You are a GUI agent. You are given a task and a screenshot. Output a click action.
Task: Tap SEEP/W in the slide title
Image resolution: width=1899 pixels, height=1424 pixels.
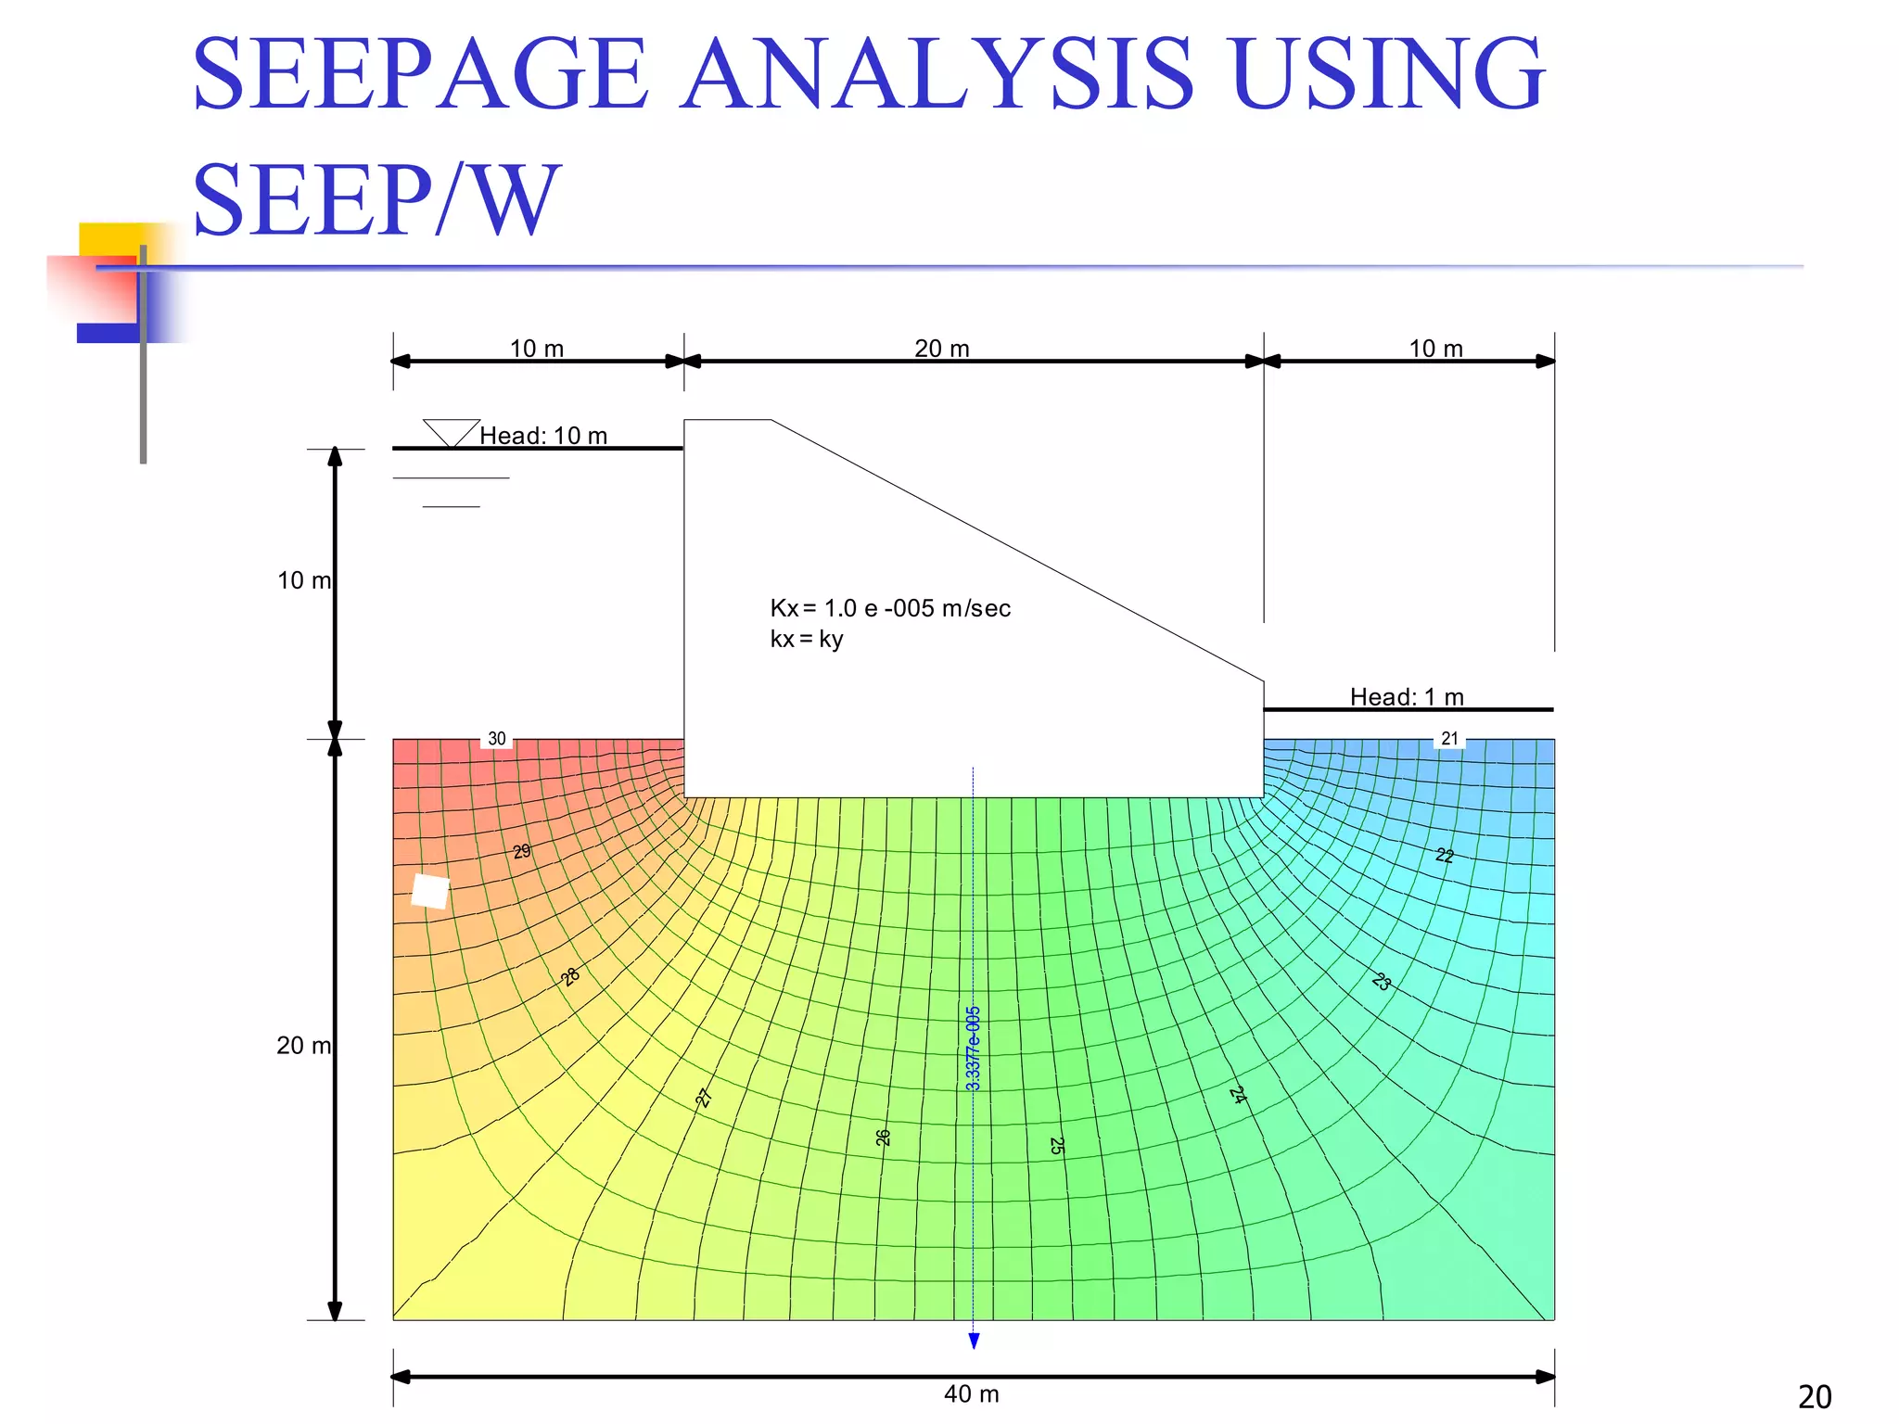point(376,200)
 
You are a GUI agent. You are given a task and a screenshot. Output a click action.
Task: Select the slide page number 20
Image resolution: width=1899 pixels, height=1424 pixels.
point(1814,1396)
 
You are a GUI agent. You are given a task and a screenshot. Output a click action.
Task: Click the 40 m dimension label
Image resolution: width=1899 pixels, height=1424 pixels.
point(971,1393)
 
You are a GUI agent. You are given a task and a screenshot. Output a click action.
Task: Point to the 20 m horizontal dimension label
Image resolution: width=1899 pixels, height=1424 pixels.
point(941,349)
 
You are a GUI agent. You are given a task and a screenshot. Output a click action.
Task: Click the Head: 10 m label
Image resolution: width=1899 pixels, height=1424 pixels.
point(543,436)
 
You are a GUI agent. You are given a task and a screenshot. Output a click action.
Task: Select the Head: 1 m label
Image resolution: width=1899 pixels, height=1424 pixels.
point(1406,697)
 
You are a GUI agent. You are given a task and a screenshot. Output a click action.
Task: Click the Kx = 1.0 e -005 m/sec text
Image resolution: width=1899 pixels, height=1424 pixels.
point(890,608)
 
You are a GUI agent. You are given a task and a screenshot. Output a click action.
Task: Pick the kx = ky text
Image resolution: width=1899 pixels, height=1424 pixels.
point(806,639)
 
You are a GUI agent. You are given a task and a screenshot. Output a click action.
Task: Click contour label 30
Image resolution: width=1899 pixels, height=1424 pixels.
point(497,739)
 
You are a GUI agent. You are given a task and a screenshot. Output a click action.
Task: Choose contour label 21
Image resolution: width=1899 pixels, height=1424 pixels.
point(1449,739)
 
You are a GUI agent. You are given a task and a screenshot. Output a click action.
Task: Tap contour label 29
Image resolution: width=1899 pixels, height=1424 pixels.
point(522,851)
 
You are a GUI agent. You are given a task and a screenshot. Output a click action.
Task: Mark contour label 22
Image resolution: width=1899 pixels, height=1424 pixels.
point(1445,855)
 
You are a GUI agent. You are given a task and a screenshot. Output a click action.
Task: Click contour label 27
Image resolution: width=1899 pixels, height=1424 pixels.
point(704,1099)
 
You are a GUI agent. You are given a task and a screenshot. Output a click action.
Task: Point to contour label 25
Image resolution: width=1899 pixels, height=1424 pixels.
point(1056,1146)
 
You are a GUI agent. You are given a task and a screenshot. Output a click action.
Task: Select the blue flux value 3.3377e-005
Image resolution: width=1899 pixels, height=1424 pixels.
point(973,1049)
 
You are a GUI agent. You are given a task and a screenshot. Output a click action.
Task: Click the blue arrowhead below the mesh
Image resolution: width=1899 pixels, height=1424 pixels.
point(974,1341)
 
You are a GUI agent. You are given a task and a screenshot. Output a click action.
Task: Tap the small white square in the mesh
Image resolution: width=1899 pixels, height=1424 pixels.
point(430,891)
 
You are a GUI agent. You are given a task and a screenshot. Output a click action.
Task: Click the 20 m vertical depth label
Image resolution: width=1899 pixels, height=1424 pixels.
point(303,1046)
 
